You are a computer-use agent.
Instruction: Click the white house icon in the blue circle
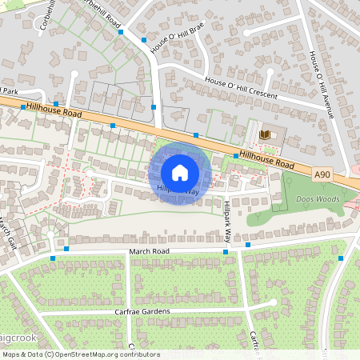(x=180, y=172)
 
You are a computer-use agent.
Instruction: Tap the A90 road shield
(x=322, y=174)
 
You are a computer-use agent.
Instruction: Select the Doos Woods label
(x=302, y=197)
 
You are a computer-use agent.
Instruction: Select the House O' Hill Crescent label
(x=241, y=89)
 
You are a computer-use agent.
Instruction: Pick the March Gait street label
(x=7, y=231)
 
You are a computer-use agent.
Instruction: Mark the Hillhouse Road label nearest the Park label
(x=54, y=110)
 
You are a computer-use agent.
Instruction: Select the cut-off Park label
(x=9, y=90)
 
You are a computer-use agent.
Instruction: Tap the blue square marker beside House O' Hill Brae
(x=144, y=39)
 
